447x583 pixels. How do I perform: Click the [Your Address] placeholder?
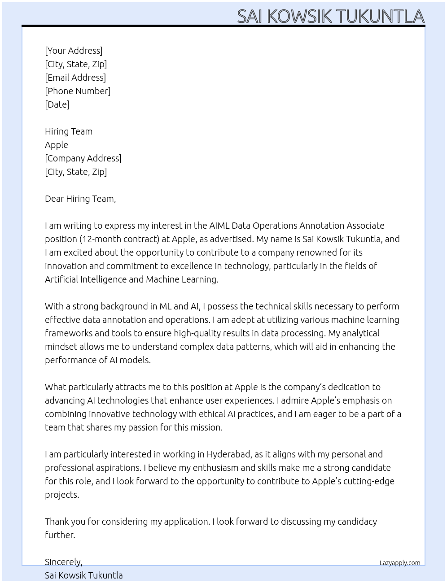coord(74,51)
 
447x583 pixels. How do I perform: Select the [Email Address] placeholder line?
coord(75,78)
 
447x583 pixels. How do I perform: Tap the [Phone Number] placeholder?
coord(78,91)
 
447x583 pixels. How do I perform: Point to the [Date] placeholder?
coord(57,104)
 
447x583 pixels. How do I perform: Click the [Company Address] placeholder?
coord(83,158)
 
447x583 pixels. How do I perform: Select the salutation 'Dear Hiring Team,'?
coord(80,199)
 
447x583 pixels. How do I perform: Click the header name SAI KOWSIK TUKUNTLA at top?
coord(330,16)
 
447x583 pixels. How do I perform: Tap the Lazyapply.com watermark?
coord(400,563)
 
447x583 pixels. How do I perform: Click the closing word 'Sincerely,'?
coord(64,562)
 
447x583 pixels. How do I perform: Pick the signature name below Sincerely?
coord(84,575)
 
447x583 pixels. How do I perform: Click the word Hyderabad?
coord(228,454)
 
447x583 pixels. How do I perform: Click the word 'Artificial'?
coord(61,279)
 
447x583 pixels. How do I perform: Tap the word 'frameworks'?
coord(69,333)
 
